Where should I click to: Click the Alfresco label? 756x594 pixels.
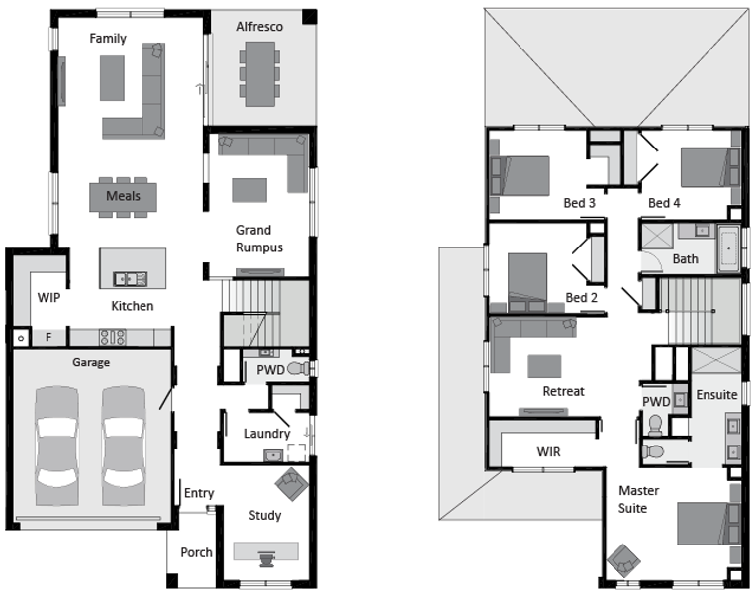tap(259, 27)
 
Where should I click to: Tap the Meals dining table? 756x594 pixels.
tap(123, 197)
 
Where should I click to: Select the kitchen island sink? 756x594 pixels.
tap(130, 279)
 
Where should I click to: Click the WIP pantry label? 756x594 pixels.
tap(49, 298)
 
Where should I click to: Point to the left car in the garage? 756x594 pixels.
tap(56, 445)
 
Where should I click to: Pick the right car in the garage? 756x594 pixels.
tap(124, 445)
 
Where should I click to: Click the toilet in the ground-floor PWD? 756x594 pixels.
tap(299, 369)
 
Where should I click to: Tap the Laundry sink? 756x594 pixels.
tap(273, 455)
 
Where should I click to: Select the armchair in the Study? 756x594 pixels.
tap(291, 483)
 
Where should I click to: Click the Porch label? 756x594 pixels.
tap(196, 552)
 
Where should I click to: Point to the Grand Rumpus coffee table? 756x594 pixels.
tap(249, 190)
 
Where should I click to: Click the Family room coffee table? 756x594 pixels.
tap(113, 78)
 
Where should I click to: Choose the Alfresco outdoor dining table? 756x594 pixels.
tap(260, 74)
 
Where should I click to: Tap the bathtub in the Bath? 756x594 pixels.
tap(729, 249)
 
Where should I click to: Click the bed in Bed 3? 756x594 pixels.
tap(520, 175)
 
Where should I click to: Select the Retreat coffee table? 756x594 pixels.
tap(544, 366)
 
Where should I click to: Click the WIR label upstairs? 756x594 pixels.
tap(548, 452)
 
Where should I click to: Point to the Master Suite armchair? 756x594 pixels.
tap(623, 560)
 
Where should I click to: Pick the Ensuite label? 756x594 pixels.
tap(717, 395)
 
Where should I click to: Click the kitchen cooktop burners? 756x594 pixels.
tap(113, 337)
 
